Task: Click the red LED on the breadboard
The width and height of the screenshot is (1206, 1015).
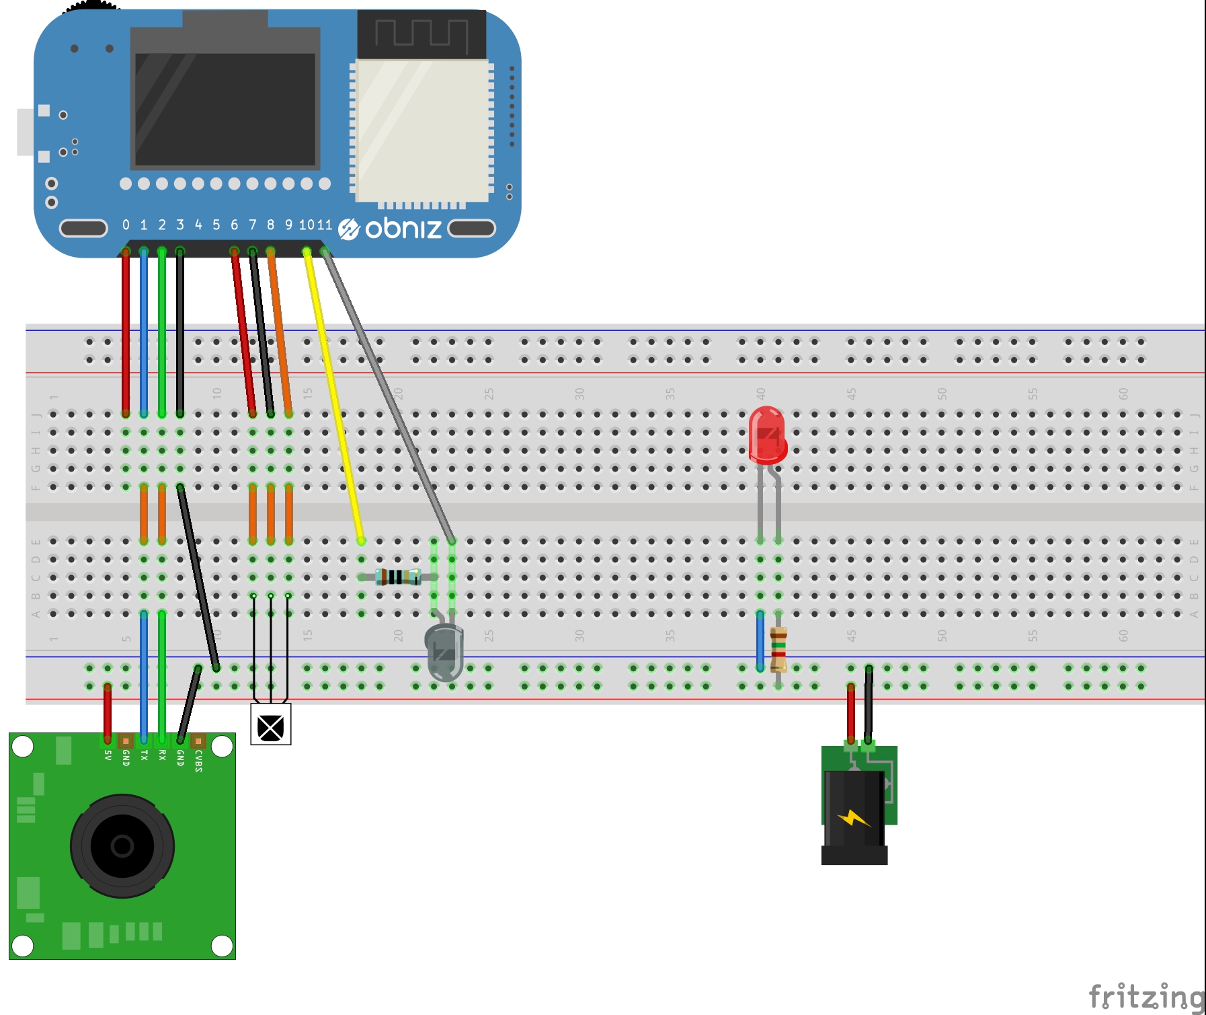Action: click(767, 436)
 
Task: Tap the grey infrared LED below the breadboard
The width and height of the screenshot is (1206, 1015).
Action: click(444, 651)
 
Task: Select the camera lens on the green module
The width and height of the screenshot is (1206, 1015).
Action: click(122, 845)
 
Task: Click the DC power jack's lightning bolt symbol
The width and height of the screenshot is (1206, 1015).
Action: click(853, 818)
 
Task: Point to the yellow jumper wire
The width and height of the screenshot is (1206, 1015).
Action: click(334, 397)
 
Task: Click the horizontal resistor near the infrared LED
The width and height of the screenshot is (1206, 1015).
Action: click(398, 577)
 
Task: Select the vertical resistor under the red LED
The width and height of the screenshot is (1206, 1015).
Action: click(778, 649)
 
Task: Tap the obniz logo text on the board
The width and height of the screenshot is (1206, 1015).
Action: click(403, 229)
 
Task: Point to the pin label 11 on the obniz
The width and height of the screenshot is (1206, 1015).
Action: click(325, 225)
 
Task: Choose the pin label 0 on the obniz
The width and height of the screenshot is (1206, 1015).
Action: click(126, 225)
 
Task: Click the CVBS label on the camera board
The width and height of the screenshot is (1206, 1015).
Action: click(198, 761)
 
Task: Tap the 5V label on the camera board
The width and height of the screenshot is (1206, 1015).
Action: click(108, 755)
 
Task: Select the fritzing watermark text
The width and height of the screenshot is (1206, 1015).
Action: click(1145, 996)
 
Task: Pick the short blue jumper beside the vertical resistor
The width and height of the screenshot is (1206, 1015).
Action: click(760, 640)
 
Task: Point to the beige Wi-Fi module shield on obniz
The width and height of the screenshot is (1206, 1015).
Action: click(422, 130)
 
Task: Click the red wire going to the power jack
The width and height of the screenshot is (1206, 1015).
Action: click(851, 713)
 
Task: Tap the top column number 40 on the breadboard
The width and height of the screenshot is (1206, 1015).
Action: click(760, 393)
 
